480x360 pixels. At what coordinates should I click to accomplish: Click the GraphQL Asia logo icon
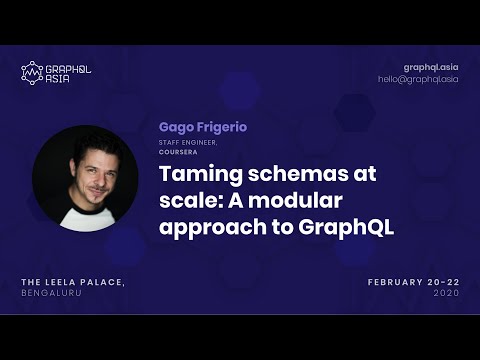pos(32,72)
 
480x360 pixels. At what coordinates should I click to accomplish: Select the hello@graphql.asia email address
pos(418,79)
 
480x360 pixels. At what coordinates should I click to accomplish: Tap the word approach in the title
pos(210,227)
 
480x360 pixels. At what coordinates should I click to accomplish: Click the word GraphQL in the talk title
pos(346,227)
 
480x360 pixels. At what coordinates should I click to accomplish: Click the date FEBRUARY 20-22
pos(413,283)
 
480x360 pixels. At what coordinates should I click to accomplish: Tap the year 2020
pos(446,295)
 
